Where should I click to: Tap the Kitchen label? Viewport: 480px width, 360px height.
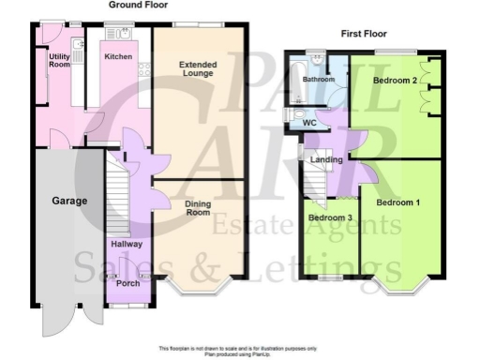tap(118, 57)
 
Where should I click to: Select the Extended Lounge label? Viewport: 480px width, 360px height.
tap(197, 68)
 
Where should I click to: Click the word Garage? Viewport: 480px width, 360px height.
tap(69, 201)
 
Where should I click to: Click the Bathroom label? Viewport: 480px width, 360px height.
tap(319, 81)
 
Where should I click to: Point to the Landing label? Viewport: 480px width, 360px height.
tap(325, 160)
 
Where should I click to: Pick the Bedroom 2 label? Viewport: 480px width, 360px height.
tap(395, 81)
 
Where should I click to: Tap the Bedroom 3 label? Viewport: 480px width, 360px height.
tap(330, 218)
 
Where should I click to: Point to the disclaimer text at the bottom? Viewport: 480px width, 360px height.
tap(240, 350)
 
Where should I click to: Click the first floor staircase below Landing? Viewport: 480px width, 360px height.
tap(312, 188)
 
